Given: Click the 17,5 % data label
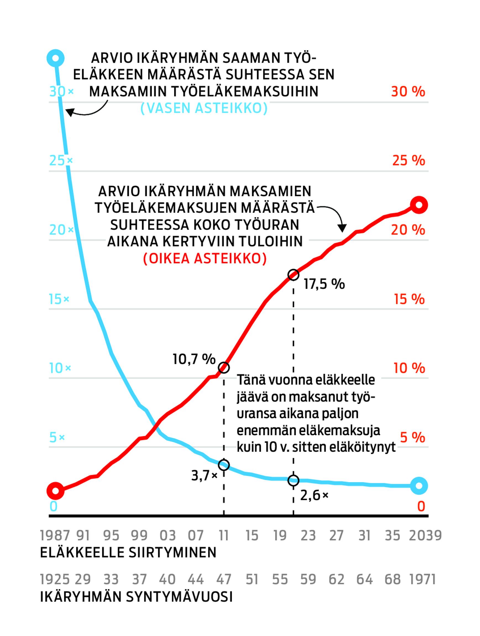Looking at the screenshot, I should click(324, 284).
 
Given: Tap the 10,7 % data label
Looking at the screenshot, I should click(194, 359).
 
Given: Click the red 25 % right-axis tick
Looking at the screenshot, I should click(408, 160).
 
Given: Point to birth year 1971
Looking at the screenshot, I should click(422, 579).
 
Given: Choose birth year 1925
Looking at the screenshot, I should click(55, 579).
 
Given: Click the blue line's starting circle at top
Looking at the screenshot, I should click(56, 58).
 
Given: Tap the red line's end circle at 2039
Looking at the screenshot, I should click(419, 205).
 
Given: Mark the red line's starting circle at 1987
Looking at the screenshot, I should click(55, 491).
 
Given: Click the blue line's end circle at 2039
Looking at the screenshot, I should click(419, 486).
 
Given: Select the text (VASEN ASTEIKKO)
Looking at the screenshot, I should click(204, 108).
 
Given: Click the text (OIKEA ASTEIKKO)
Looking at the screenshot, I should click(205, 258).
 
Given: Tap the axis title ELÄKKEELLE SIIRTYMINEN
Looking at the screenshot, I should click(128, 553).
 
